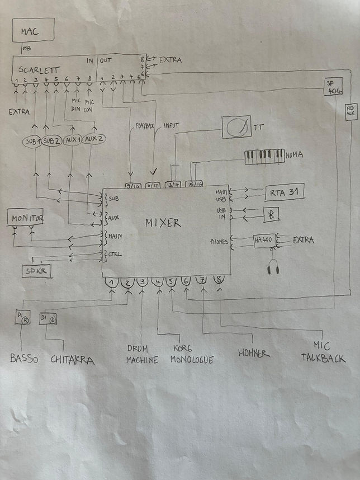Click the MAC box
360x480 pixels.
pos(33,31)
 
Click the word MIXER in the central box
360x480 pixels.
pos(163,223)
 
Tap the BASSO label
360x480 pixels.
pos(24,359)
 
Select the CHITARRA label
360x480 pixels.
pos(72,360)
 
